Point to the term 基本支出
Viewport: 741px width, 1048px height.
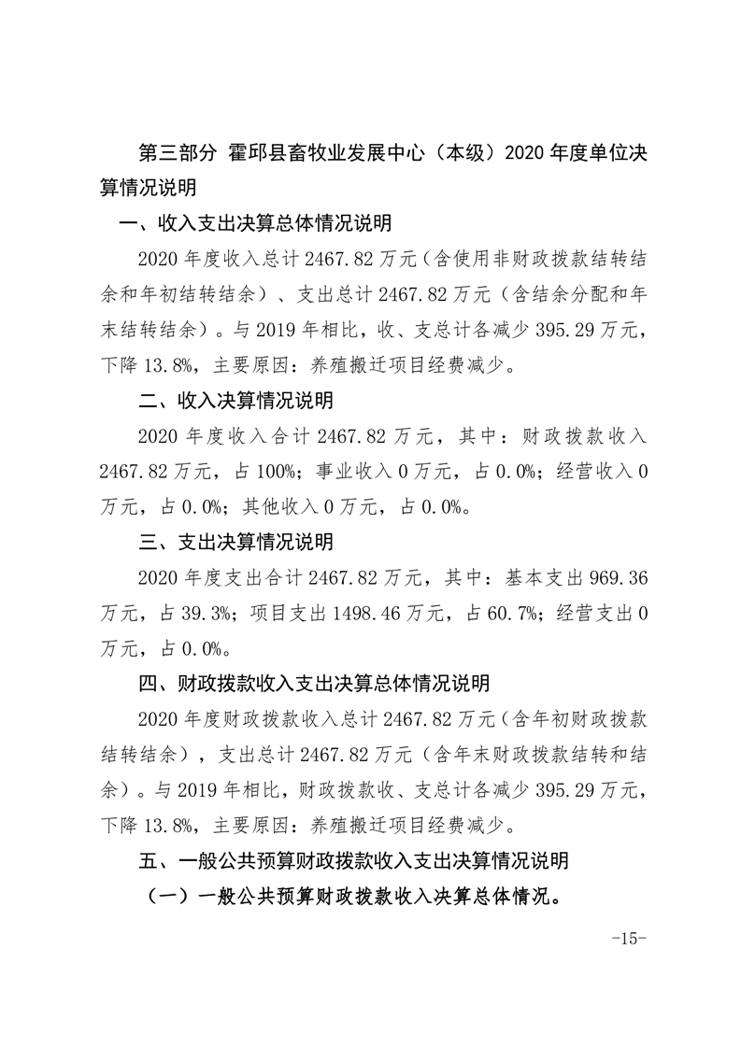click(535, 577)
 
